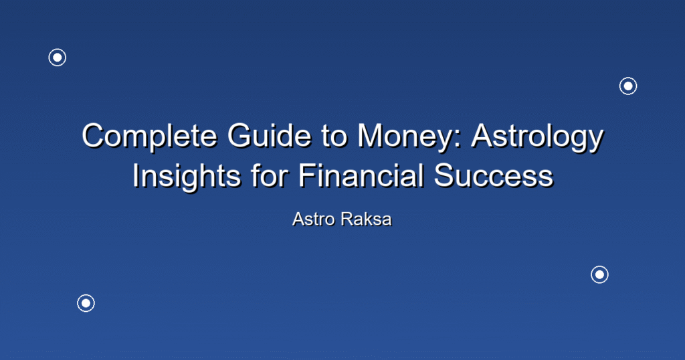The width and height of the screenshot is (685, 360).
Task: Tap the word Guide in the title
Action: (x=269, y=135)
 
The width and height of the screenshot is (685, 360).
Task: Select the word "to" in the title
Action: (x=334, y=137)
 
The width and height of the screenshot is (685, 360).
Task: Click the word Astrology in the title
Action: (x=537, y=137)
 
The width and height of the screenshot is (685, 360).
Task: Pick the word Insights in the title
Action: (x=187, y=177)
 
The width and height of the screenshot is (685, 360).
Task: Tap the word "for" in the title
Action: (x=270, y=175)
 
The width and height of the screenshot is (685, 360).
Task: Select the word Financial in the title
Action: (x=361, y=175)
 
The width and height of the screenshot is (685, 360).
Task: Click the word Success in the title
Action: (x=494, y=175)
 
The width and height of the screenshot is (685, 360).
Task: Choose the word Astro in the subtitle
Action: (x=314, y=219)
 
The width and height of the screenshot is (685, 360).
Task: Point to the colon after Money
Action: (x=457, y=140)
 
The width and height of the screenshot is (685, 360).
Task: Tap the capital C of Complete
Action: (x=92, y=135)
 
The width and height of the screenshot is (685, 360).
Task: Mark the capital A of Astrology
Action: (x=482, y=135)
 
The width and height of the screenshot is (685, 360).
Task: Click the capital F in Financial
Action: (x=308, y=175)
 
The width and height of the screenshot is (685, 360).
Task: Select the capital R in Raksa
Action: (x=347, y=219)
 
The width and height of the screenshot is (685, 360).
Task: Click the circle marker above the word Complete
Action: (x=58, y=58)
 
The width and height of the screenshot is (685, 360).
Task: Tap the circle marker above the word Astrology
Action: (x=628, y=86)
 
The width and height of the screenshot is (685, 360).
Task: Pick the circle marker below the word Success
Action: (x=599, y=274)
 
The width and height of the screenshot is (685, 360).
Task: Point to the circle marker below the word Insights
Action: (x=86, y=303)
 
